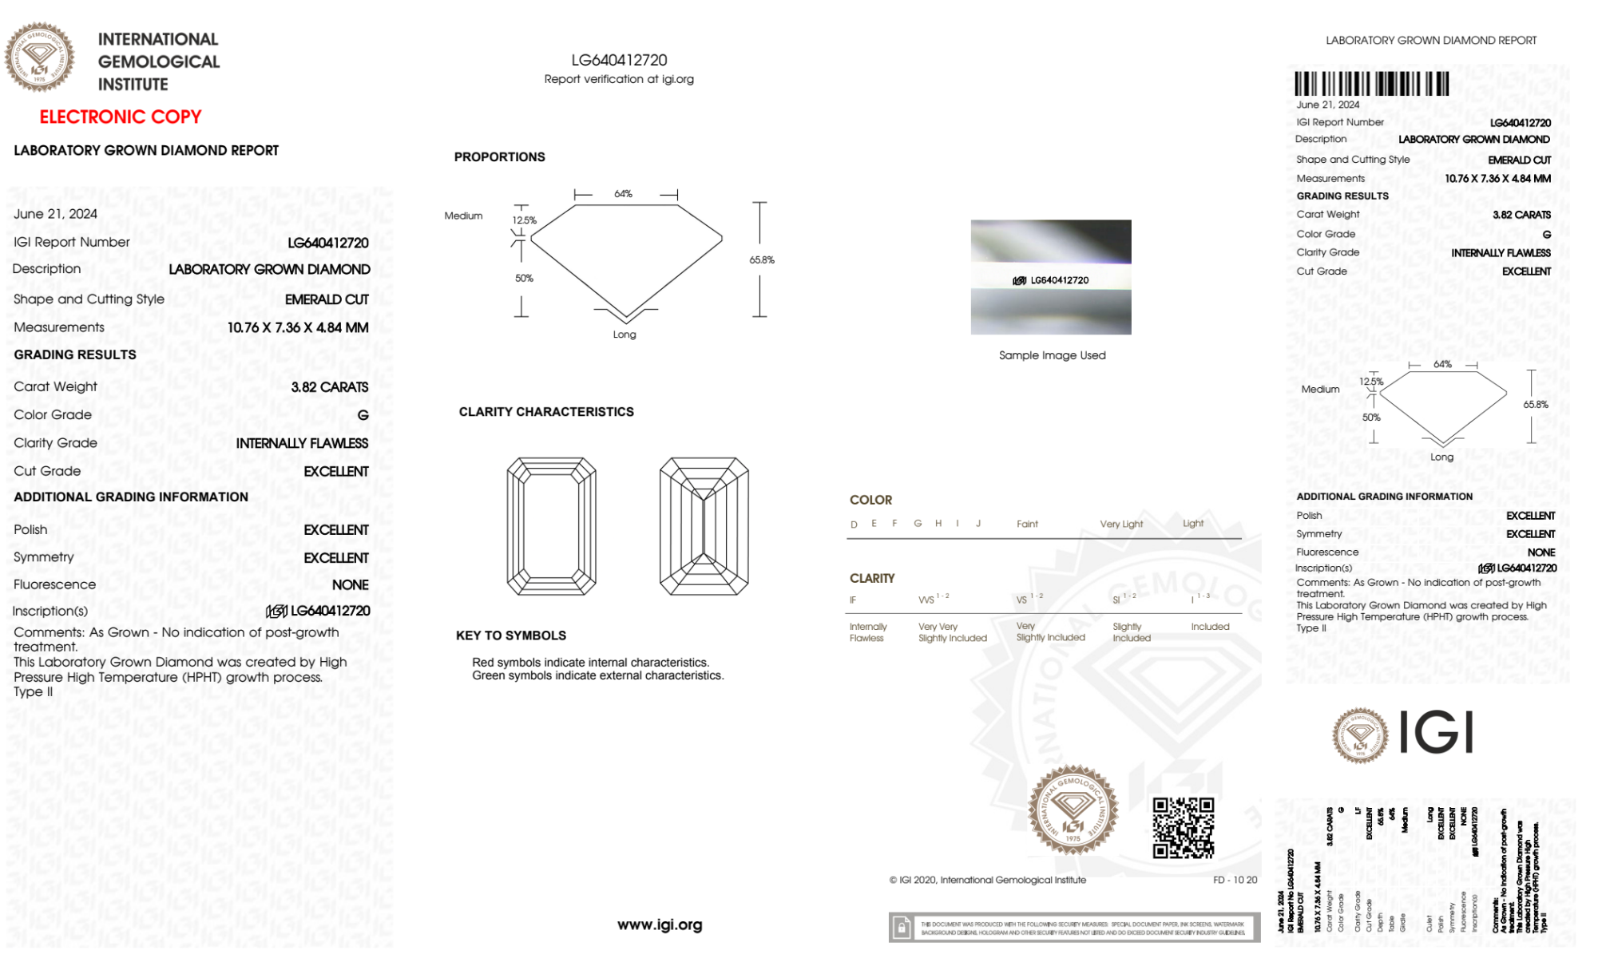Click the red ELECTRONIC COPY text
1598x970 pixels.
click(121, 117)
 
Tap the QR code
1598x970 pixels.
click(1183, 828)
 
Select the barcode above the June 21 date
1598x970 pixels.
click(1371, 84)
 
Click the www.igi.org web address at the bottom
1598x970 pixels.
click(660, 924)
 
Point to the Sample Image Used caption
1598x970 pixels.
click(1052, 355)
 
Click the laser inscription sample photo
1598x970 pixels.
click(1051, 277)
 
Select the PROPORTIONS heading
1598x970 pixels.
click(499, 157)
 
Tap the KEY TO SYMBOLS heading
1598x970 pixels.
click(511, 635)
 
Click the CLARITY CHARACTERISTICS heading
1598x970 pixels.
click(546, 412)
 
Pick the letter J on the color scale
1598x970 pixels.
click(978, 524)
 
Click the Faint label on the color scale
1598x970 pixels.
click(1027, 524)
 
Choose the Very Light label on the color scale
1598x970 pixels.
click(1121, 524)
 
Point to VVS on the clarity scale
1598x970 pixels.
click(926, 600)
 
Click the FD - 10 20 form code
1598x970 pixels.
click(1235, 880)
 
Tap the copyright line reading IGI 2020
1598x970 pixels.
click(988, 880)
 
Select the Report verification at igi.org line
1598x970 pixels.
click(619, 79)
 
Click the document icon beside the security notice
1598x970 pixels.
click(902, 928)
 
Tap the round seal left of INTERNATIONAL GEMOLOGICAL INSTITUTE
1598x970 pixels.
click(40, 57)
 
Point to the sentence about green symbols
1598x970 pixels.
click(597, 675)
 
